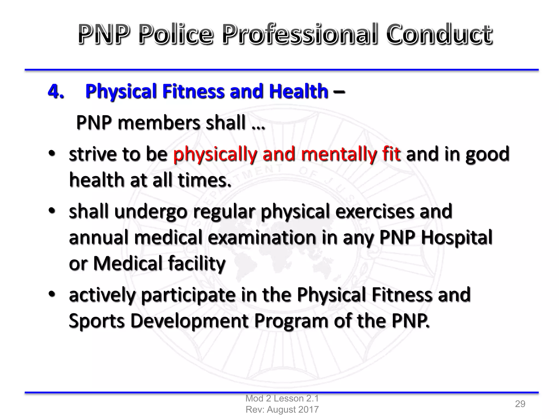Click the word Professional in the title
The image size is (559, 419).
(300, 34)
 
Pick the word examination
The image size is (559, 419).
(261, 238)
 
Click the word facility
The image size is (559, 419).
(197, 264)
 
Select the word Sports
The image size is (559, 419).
(97, 321)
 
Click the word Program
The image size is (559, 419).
(291, 321)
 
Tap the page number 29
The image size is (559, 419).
(520, 404)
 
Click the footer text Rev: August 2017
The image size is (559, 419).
(282, 409)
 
